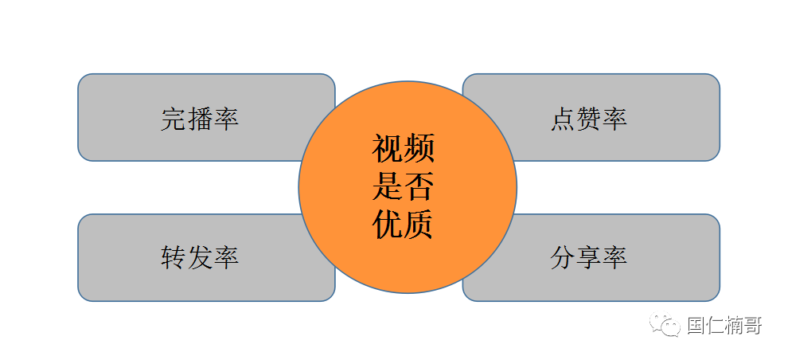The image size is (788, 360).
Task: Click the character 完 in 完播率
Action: (x=174, y=119)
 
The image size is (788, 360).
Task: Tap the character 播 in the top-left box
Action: (x=200, y=119)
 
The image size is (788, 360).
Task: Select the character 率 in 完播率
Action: (x=226, y=119)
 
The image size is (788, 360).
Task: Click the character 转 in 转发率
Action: (x=174, y=257)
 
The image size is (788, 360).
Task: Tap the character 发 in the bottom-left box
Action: (x=200, y=257)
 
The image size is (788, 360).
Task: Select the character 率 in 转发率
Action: (x=226, y=257)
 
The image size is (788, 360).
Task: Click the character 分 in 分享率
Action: (x=563, y=257)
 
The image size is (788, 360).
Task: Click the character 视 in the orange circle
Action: (x=388, y=149)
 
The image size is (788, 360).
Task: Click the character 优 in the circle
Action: (x=388, y=225)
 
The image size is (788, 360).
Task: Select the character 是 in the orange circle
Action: (x=388, y=187)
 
